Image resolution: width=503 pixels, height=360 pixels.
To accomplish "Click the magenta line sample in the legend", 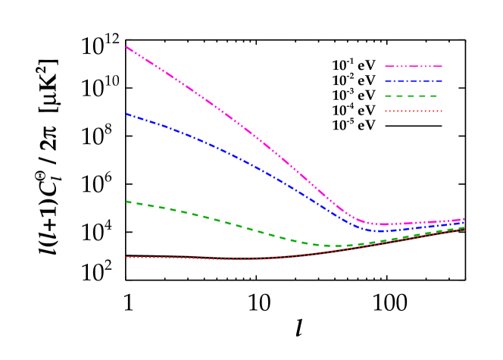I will point(413,67).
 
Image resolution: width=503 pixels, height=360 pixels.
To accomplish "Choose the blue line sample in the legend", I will point(413,81).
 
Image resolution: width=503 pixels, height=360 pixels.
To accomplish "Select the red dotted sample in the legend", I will point(413,111).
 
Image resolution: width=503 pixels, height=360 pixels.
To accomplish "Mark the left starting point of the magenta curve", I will point(126,47).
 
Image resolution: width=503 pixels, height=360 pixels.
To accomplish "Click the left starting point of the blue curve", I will point(126,114).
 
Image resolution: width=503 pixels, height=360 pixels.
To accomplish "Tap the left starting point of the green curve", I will point(126,202).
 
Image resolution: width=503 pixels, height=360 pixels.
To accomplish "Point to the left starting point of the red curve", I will point(126,257).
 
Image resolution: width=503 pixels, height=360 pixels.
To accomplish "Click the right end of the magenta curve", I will point(464,219).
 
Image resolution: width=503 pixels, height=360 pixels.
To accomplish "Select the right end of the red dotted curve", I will point(464,229).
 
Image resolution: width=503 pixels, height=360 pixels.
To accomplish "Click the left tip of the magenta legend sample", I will point(386,67).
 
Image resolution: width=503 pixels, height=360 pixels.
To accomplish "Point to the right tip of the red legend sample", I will point(442,111).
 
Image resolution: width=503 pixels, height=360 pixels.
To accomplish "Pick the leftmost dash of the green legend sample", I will point(389,96).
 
